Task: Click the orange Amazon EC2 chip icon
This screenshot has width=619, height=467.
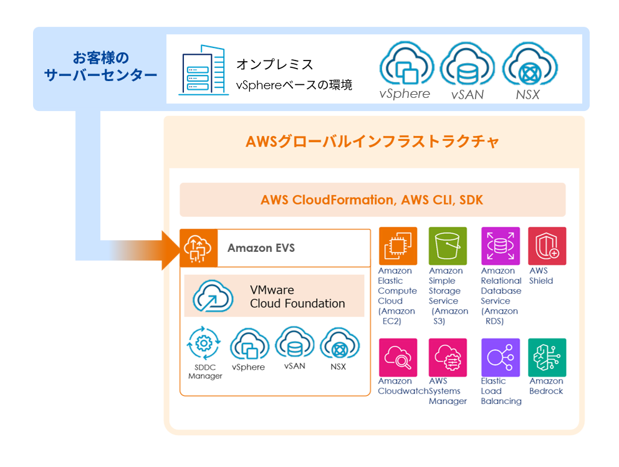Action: point(397,246)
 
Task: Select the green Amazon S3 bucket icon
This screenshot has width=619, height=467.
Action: point(448,246)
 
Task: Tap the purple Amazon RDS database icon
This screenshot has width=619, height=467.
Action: point(500,246)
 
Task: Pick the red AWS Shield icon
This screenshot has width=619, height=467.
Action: point(547,246)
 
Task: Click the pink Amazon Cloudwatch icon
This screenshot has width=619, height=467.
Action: point(397,357)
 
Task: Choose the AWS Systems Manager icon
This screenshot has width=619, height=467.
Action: point(448,357)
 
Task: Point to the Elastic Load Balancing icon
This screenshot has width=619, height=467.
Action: point(500,357)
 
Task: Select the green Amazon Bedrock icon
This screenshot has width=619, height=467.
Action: point(547,357)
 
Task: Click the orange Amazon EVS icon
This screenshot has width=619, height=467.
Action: point(198,248)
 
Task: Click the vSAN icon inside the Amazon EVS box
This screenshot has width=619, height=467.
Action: point(294,344)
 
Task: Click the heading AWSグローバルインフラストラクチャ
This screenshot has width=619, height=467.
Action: point(373,142)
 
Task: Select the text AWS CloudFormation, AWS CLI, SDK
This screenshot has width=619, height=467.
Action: point(372,200)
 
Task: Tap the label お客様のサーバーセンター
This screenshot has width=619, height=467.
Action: point(100,67)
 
